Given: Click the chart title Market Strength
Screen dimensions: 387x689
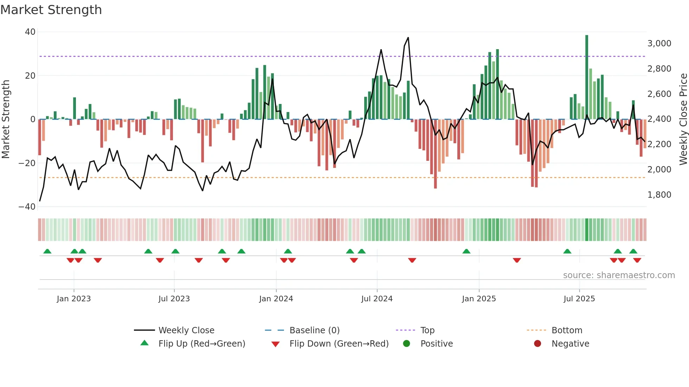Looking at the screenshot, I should [x=51, y=10].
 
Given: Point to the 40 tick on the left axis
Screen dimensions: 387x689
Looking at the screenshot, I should [x=30, y=32].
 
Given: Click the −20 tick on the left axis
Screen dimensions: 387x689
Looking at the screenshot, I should [x=27, y=163].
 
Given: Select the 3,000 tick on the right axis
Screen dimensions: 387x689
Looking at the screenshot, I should [x=659, y=44].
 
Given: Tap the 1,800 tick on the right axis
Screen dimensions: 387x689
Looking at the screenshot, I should [x=659, y=195].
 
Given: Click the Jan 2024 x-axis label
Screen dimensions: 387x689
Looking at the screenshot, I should [x=276, y=299].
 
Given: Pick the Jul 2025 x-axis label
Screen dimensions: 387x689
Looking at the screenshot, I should [x=579, y=299].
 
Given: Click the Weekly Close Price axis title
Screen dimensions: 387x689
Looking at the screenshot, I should [x=683, y=119].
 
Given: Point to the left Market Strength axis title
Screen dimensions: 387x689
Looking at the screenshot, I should [x=6, y=119].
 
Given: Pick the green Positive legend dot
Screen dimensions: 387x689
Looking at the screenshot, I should [x=407, y=344].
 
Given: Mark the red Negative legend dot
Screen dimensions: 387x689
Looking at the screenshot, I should [x=537, y=344].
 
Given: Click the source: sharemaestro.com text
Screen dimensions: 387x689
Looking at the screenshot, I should [x=619, y=275].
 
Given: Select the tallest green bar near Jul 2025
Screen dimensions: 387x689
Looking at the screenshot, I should [x=587, y=77].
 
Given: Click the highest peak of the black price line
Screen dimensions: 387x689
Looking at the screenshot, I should [x=408, y=38].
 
